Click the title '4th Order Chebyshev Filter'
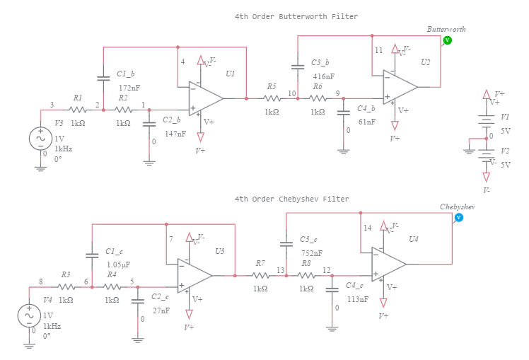[x=291, y=199]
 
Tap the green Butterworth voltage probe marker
[x=447, y=41]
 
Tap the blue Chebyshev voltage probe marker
[x=458, y=218]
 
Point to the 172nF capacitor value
[x=129, y=87]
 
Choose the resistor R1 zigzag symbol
[x=78, y=110]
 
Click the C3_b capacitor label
[x=320, y=63]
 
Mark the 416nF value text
[x=323, y=76]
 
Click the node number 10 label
[x=291, y=93]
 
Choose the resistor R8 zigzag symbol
[x=306, y=276]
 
